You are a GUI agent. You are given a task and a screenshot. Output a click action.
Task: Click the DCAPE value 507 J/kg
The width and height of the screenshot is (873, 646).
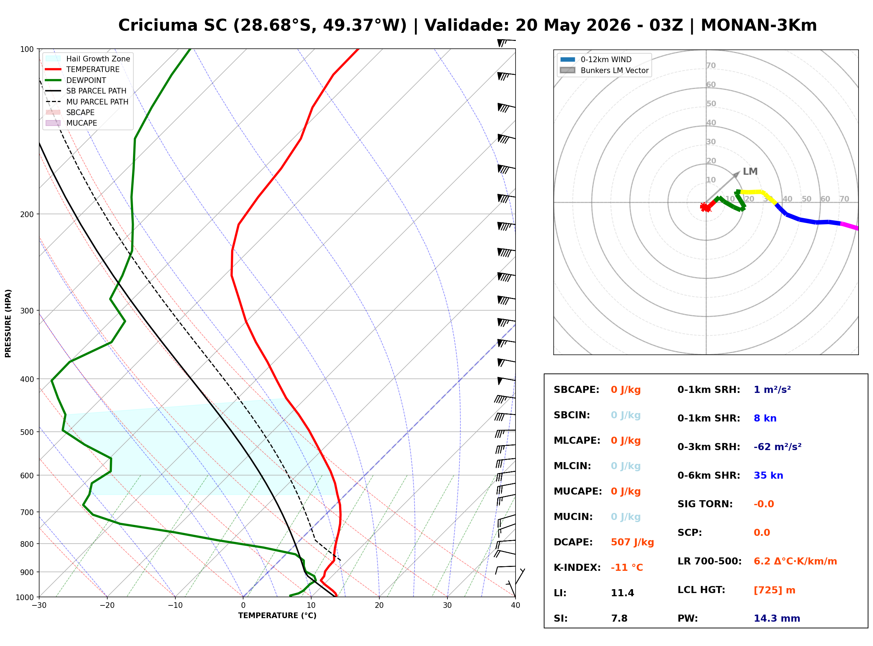pos(632,542)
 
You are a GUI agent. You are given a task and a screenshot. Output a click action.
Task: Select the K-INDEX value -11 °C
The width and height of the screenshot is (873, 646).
pos(626,567)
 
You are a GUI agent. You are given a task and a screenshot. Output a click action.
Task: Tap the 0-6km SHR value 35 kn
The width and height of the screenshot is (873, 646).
pos(768,475)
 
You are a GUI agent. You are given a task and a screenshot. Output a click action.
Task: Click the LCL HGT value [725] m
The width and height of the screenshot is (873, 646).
pos(774,590)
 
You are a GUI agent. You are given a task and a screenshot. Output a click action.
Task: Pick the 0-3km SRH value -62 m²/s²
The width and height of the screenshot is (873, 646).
pos(777,447)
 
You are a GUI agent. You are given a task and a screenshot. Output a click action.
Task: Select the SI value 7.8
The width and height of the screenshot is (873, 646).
pos(619,618)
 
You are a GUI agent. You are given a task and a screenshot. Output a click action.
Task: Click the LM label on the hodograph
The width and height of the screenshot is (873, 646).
pos(750,171)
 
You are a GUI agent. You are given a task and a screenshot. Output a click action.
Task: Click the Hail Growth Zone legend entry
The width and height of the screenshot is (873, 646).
pos(88,59)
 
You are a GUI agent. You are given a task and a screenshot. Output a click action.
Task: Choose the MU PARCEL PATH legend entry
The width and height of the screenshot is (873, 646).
pos(87,102)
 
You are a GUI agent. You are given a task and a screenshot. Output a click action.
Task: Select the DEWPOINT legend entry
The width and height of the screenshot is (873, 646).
pos(76,80)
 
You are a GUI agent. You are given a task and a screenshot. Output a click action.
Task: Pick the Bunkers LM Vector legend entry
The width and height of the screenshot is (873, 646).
pos(604,70)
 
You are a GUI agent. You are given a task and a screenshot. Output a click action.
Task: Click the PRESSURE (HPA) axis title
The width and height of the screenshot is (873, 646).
pos(8,323)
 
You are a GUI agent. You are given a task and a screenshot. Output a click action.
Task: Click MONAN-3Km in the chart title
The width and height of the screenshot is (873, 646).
pos(759,25)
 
